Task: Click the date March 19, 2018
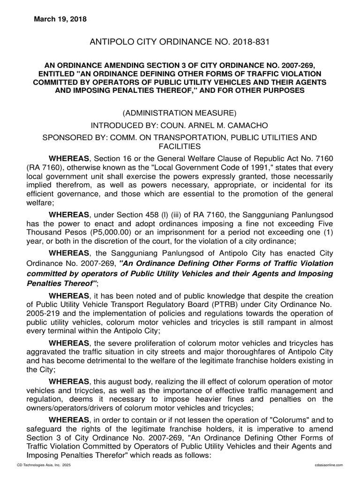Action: pos(60,19)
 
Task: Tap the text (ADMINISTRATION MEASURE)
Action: pos(180,113)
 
